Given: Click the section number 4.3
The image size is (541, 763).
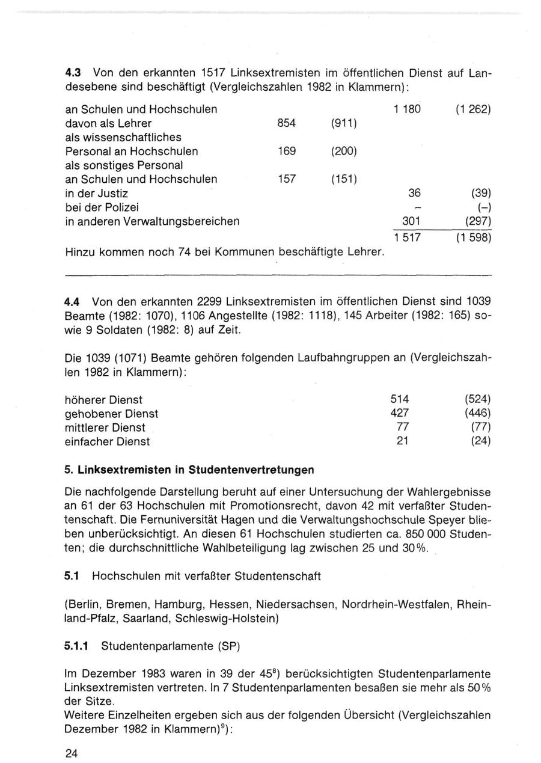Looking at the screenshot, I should pos(74,73).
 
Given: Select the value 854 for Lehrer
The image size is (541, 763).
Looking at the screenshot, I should pos(286,123).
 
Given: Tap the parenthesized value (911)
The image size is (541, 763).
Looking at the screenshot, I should pos(344,123).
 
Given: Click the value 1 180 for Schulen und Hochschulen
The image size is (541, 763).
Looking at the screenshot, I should pos(407,109).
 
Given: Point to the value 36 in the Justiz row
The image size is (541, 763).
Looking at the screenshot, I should pos(414,193).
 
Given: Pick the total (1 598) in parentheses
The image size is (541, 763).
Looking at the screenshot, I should pos(473,238).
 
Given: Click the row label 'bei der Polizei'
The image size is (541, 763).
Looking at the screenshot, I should pos(102,207).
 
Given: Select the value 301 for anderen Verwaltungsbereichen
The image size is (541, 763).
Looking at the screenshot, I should pos(411,221).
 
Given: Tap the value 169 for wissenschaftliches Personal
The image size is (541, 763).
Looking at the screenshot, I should pos(286,151).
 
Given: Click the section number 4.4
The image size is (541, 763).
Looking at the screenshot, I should pos(74,300).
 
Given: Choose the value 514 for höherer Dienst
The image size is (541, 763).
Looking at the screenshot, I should pos(400,399).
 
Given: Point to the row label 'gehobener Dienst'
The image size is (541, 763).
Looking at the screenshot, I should pos(111,414).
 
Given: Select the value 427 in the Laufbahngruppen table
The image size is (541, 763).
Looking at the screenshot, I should pos(400,413).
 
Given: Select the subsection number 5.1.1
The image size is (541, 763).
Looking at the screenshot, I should pos(77,647).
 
